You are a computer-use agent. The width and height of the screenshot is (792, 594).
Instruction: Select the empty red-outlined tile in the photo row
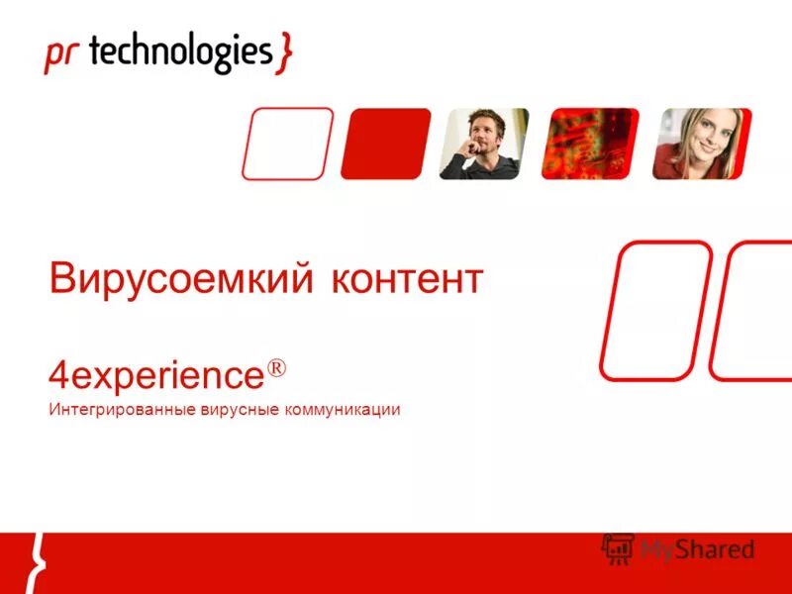pos(287,144)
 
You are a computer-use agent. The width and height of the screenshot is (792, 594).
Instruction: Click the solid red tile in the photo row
pos(385,144)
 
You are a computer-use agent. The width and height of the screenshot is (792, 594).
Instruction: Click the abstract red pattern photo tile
pos(590,144)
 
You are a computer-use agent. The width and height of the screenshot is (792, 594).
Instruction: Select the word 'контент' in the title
pos(406,279)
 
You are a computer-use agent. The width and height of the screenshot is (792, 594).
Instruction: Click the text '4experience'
pos(155,376)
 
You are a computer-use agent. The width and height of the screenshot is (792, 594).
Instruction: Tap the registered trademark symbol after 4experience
pos(275,368)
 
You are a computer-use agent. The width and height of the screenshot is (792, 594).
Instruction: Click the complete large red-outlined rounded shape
pos(655,310)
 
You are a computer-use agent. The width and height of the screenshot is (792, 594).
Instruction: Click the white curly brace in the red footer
pos(38,562)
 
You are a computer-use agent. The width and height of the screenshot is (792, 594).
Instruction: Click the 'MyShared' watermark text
pos(697,548)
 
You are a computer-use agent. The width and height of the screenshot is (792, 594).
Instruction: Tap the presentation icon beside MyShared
pos(618,548)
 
